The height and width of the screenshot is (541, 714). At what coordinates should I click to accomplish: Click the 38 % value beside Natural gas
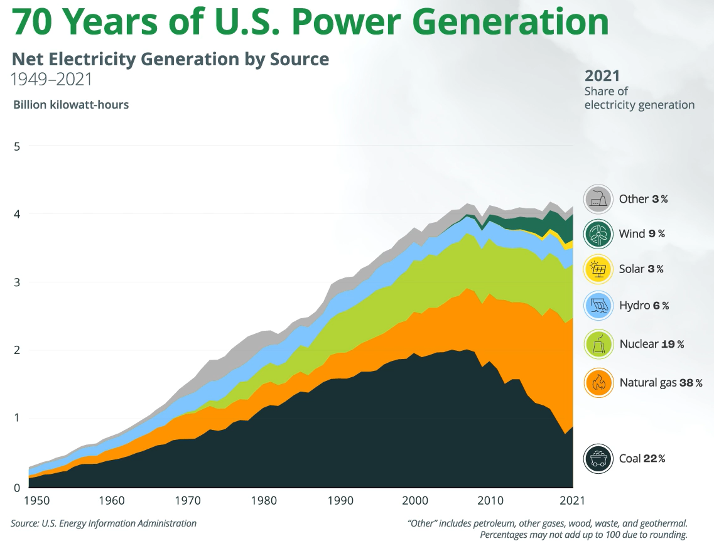(x=690, y=382)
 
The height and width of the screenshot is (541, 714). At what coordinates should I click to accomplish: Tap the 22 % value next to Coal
(x=654, y=458)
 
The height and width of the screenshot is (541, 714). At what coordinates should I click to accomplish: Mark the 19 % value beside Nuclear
(x=671, y=344)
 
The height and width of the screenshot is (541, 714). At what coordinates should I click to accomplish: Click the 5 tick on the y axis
(x=17, y=146)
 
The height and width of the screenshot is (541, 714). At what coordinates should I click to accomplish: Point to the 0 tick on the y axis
(x=17, y=487)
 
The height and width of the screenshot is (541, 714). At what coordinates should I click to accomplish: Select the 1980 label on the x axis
(x=264, y=501)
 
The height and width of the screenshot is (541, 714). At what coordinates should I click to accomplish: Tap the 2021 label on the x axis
(x=572, y=501)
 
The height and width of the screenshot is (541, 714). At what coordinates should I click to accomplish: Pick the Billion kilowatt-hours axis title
(x=71, y=105)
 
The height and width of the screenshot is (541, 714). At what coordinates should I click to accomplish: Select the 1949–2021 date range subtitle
(x=52, y=80)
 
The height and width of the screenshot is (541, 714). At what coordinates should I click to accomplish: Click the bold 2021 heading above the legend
(x=602, y=76)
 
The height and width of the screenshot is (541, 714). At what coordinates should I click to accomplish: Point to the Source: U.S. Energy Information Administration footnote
(x=104, y=523)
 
